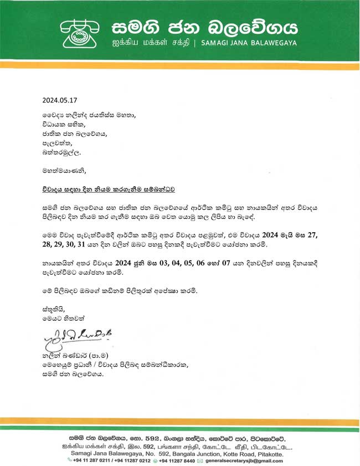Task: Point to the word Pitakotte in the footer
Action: point(268,454)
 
